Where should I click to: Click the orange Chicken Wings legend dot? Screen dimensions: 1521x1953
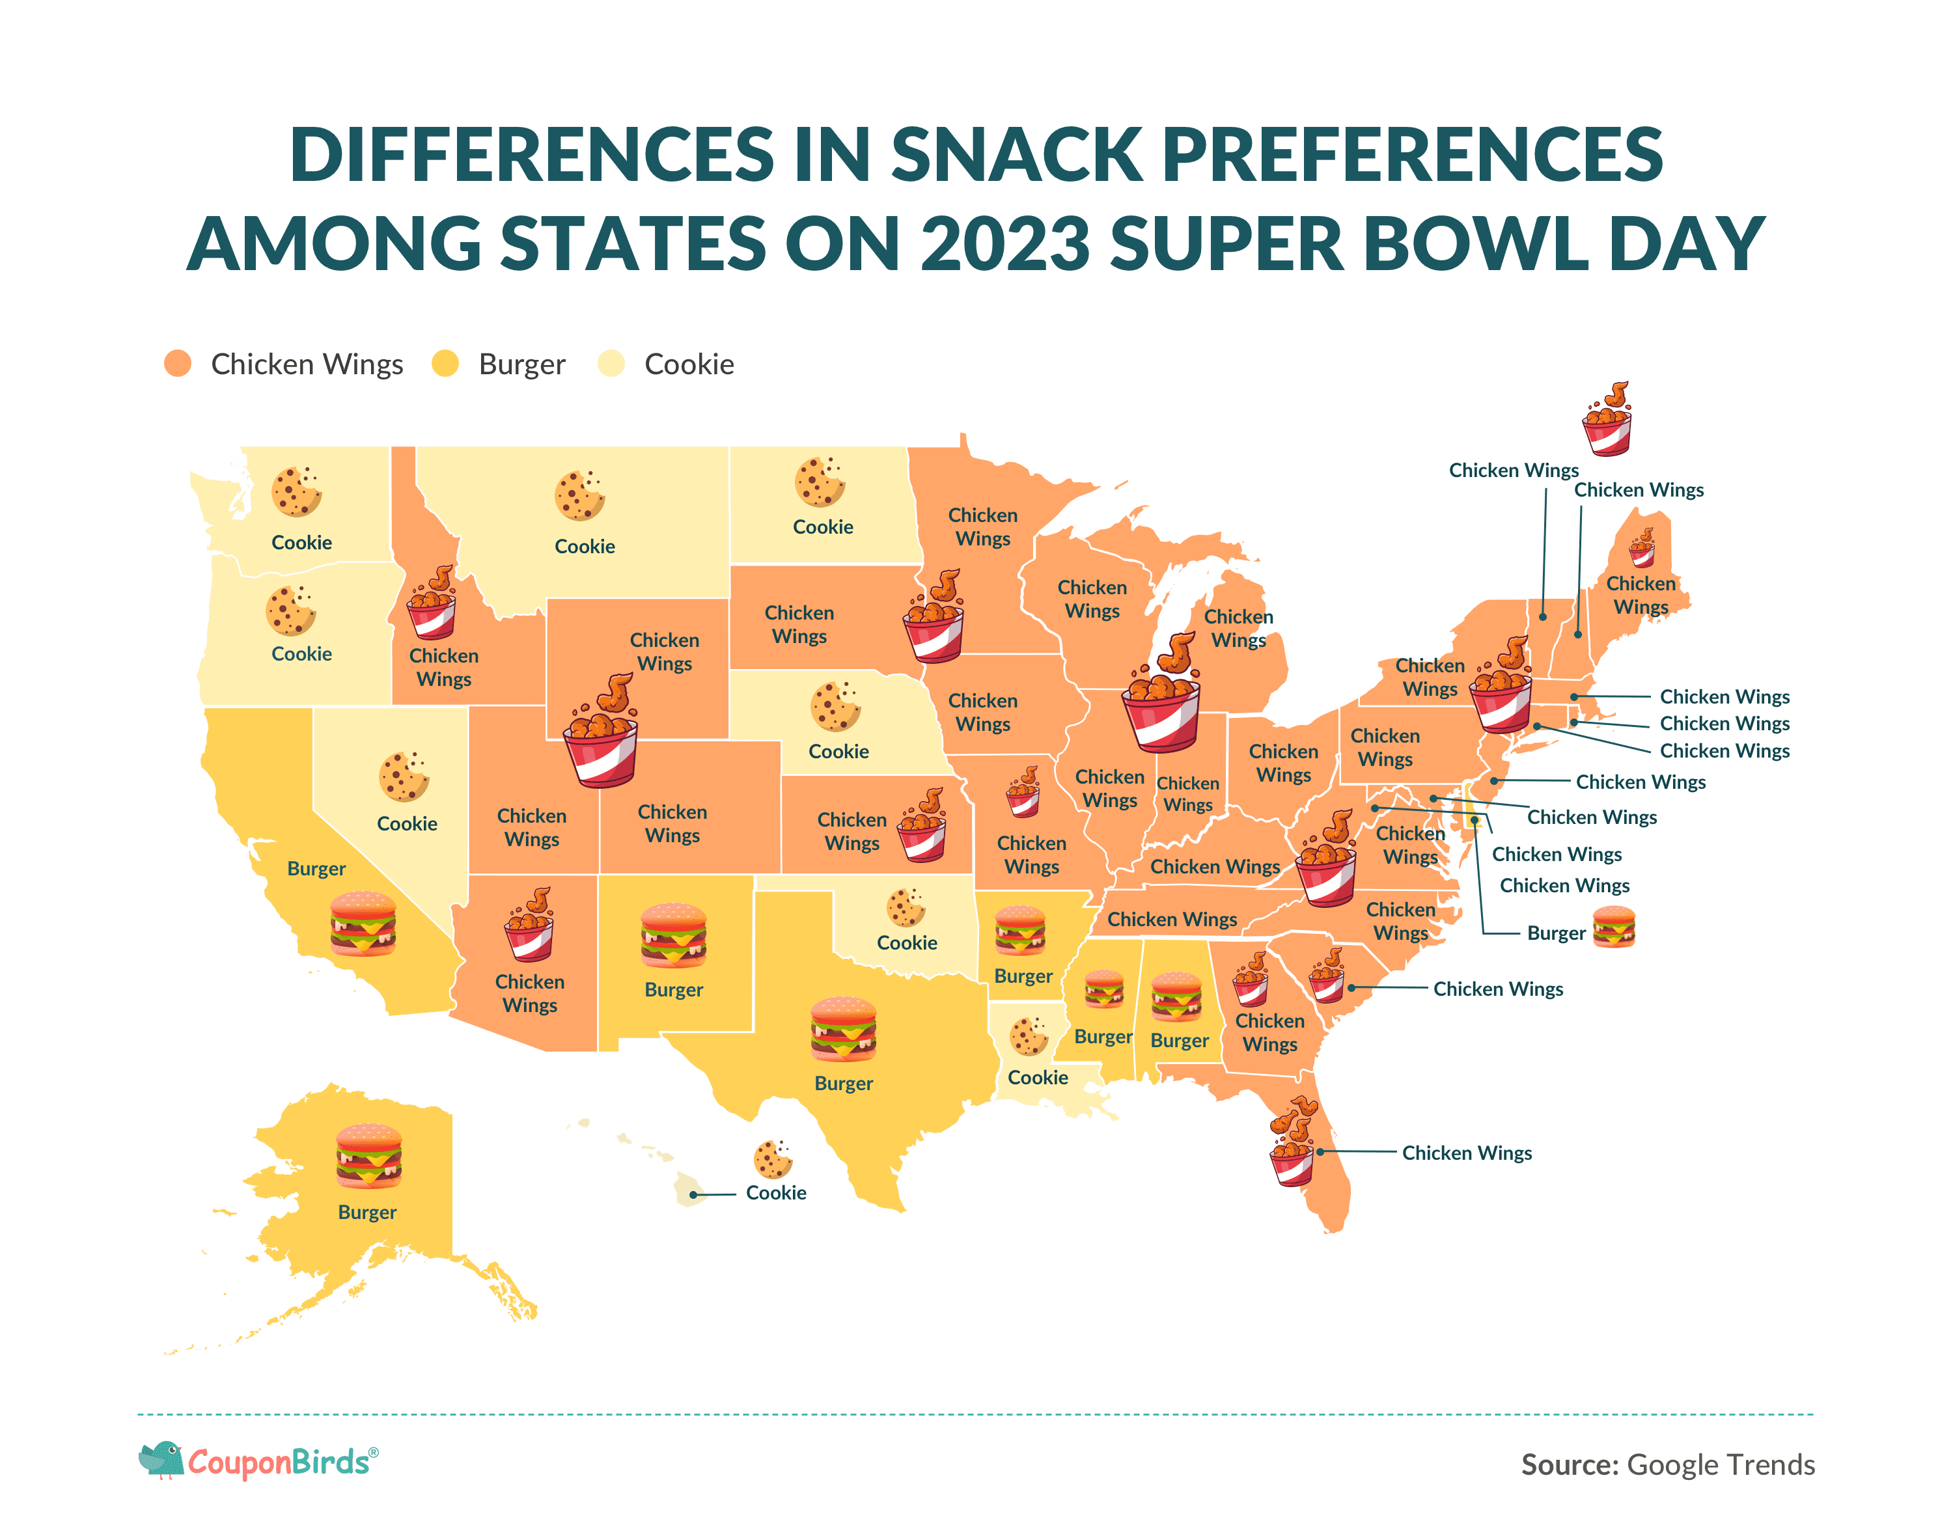tap(178, 364)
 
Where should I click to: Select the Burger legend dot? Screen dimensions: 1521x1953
tap(445, 364)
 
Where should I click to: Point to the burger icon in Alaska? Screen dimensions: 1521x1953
tap(368, 1155)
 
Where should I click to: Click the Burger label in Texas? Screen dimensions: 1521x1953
tap(843, 1084)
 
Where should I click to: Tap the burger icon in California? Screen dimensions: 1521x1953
tap(363, 924)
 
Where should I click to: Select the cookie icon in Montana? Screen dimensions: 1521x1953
tap(579, 495)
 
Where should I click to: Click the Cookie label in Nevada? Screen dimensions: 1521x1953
tap(407, 823)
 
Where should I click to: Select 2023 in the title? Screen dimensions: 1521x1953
tap(1006, 243)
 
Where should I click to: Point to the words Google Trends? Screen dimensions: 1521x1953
tap(1721, 1464)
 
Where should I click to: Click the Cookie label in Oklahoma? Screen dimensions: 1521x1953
tap(907, 942)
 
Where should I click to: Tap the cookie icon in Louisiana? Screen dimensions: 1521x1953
tap(1029, 1036)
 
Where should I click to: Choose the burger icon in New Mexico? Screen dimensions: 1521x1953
tap(673, 935)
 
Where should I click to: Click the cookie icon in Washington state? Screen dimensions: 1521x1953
tap(296, 491)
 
